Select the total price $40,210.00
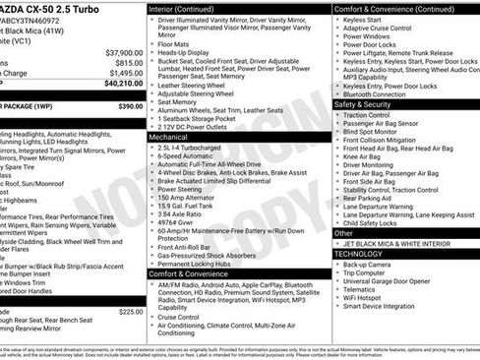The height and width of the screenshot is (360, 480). [122, 84]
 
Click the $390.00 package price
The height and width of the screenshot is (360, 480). [130, 105]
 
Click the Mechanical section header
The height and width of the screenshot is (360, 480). [170, 138]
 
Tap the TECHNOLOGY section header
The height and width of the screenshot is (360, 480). [359, 254]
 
